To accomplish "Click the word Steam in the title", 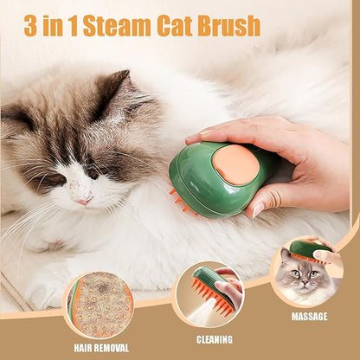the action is tap(117, 26).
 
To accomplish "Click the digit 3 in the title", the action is tap(30, 26).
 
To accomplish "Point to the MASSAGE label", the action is tap(309, 317).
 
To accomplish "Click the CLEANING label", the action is tap(215, 339).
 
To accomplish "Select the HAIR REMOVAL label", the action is tap(101, 348).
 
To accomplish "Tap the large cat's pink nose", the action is tap(86, 201).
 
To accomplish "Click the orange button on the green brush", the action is tap(236, 164).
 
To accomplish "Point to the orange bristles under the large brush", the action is tap(180, 200).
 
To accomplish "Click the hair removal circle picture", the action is tap(100, 305).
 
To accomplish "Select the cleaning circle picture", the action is tap(209, 295).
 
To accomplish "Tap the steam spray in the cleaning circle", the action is tap(202, 312).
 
